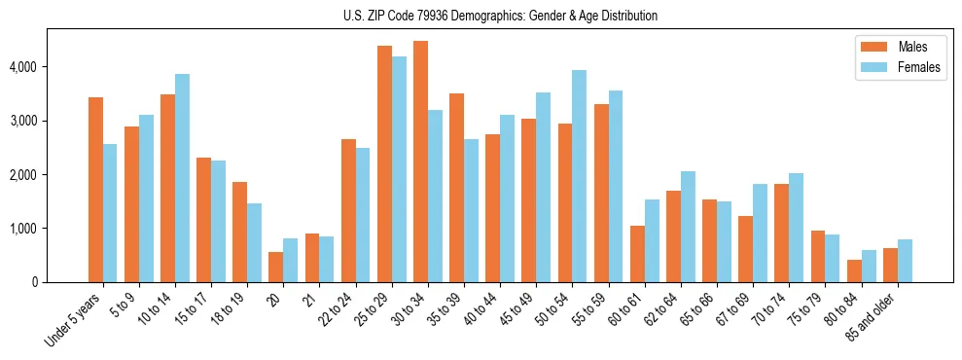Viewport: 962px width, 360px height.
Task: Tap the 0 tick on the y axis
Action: point(35,282)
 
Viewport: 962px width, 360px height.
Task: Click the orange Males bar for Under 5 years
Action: point(95,190)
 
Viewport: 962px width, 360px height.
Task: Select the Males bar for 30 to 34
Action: point(420,162)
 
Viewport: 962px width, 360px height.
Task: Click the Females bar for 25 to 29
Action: point(399,169)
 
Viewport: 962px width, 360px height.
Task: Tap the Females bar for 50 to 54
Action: point(580,176)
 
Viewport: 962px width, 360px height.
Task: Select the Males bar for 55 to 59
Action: point(601,193)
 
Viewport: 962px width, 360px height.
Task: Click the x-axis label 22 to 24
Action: point(339,308)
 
